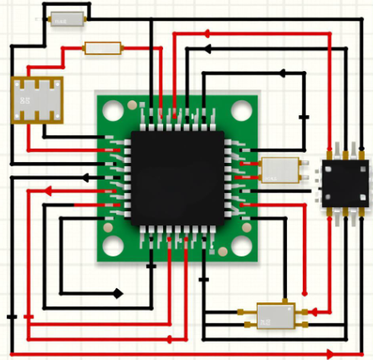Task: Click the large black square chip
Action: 176,176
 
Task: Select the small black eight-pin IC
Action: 345,185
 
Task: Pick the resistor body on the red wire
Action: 103,48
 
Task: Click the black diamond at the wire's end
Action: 118,294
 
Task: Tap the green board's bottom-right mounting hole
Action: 241,244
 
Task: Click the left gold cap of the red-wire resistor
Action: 86,48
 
